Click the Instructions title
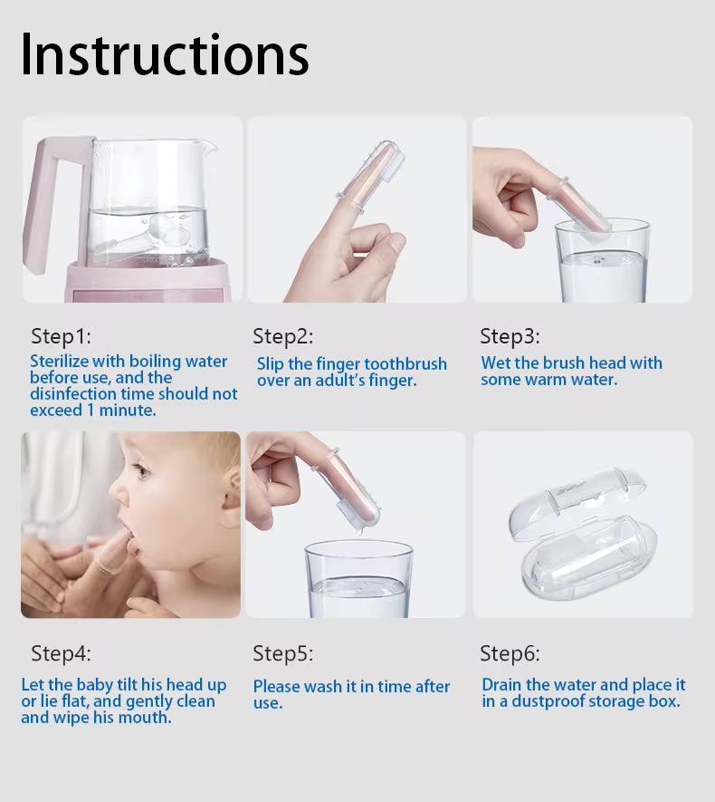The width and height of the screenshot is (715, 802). click(x=165, y=54)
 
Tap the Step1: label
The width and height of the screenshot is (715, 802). click(x=61, y=336)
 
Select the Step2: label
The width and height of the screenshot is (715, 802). click(x=283, y=336)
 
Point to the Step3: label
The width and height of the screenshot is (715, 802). click(x=510, y=336)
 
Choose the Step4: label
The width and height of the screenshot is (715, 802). click(x=61, y=653)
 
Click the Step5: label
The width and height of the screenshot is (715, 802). click(x=283, y=653)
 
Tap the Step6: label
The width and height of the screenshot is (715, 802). click(x=510, y=653)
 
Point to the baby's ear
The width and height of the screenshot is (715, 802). click(x=233, y=490)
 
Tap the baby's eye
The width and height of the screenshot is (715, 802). click(x=142, y=470)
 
